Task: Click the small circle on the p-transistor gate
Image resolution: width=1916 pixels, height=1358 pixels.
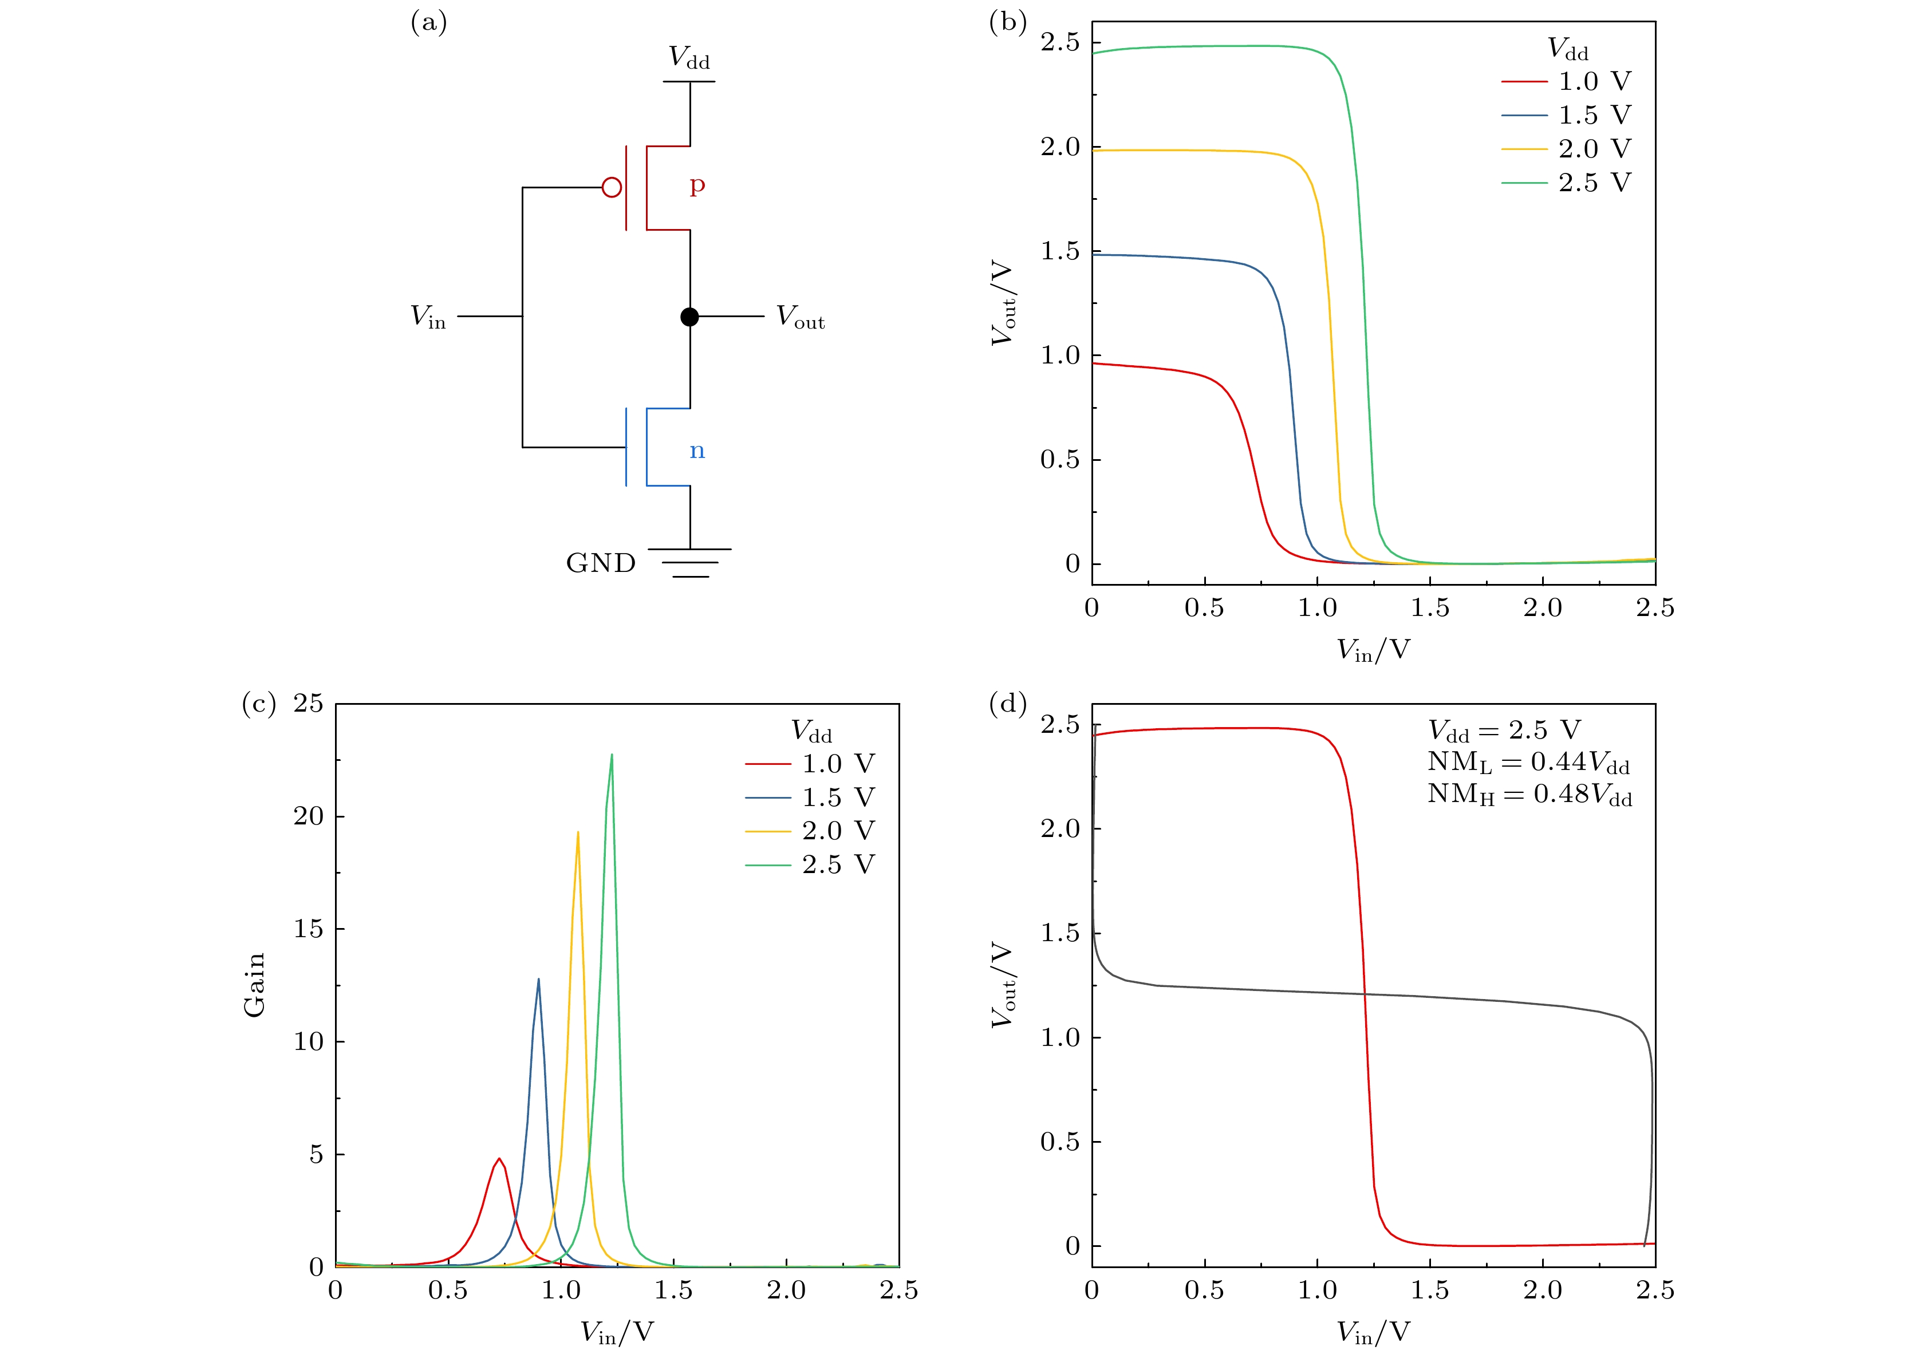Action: (612, 187)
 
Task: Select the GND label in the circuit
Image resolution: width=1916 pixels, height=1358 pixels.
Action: (601, 563)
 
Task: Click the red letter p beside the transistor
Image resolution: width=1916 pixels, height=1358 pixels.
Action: (697, 185)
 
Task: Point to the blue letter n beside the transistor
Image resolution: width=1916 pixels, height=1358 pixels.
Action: (697, 452)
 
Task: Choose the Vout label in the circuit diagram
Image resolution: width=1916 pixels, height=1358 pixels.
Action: (799, 317)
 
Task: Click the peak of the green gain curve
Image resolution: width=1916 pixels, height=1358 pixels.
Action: (612, 755)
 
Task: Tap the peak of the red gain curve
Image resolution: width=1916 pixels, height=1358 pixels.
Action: (499, 1159)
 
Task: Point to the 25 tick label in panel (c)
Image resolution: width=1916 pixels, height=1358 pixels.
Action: (307, 704)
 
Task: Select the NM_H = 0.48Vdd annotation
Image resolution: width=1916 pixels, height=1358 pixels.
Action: (1529, 795)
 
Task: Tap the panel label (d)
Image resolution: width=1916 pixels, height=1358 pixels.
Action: (1008, 704)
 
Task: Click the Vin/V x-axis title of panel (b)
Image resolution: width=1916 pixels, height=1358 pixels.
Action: (1373, 650)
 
